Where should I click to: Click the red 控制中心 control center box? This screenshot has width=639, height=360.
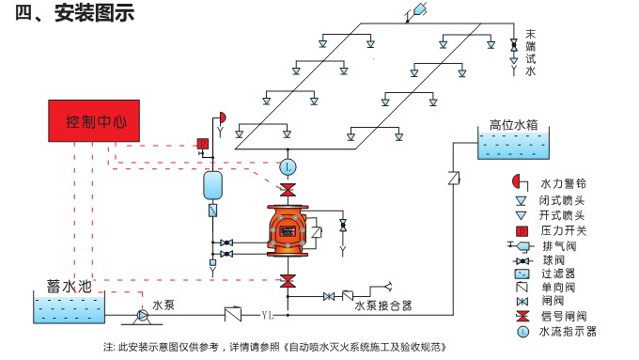coord(94,122)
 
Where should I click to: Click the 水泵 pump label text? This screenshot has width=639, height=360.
coord(164,305)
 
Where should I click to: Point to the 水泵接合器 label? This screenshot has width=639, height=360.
coord(382,305)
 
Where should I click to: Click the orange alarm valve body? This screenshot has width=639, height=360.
coord(288,231)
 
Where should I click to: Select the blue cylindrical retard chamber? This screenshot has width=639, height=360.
coord(212,183)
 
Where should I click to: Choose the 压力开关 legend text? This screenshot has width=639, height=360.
coord(563,230)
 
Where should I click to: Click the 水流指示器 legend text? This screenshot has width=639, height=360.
coord(568,331)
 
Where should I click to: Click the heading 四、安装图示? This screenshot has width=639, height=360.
coord(75,14)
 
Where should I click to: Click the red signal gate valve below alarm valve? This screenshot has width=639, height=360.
coord(288,281)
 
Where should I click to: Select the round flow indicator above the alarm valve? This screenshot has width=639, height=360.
coord(288,166)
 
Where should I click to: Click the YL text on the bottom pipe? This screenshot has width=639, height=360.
coord(267,314)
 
